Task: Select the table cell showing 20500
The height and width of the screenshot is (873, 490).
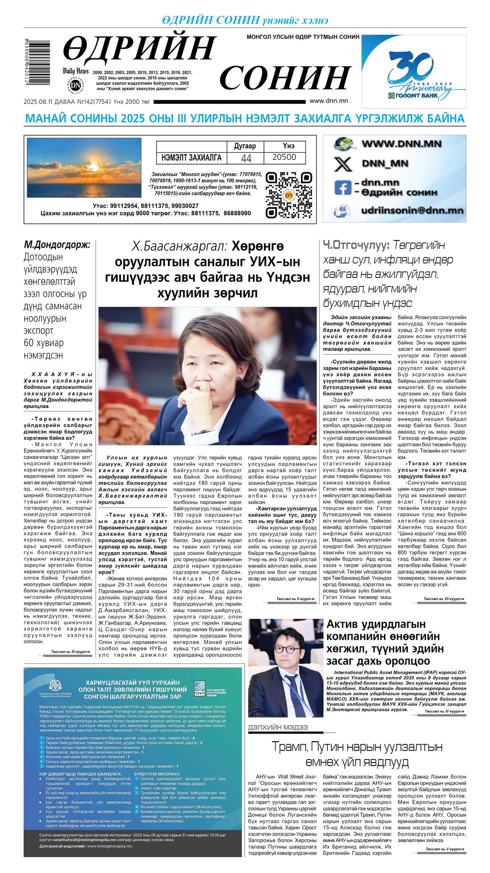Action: pos(284,157)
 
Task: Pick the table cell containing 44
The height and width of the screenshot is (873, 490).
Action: pos(246,158)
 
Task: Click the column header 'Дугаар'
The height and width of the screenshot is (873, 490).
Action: pos(245,146)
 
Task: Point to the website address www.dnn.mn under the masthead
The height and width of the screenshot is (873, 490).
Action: pos(329,101)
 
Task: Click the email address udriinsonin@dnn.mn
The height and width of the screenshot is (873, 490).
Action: pos(412,211)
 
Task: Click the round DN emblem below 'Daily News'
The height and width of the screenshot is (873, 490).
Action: pos(75,85)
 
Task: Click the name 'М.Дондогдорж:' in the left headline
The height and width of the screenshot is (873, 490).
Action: pos(57,245)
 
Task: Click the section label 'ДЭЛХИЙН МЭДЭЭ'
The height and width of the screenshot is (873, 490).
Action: pos(278,727)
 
